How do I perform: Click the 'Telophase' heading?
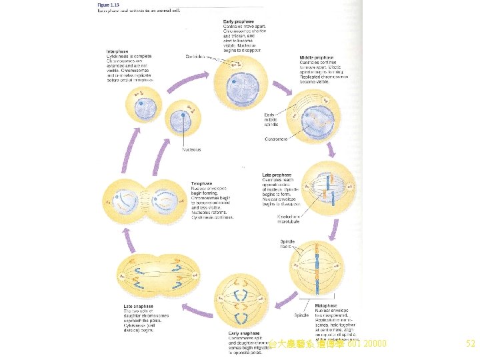[x=202, y=183]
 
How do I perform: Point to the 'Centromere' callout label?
[x=276, y=139]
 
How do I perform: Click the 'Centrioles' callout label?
[x=195, y=57]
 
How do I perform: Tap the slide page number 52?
[x=471, y=344]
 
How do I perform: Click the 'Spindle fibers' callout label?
[x=287, y=244]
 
